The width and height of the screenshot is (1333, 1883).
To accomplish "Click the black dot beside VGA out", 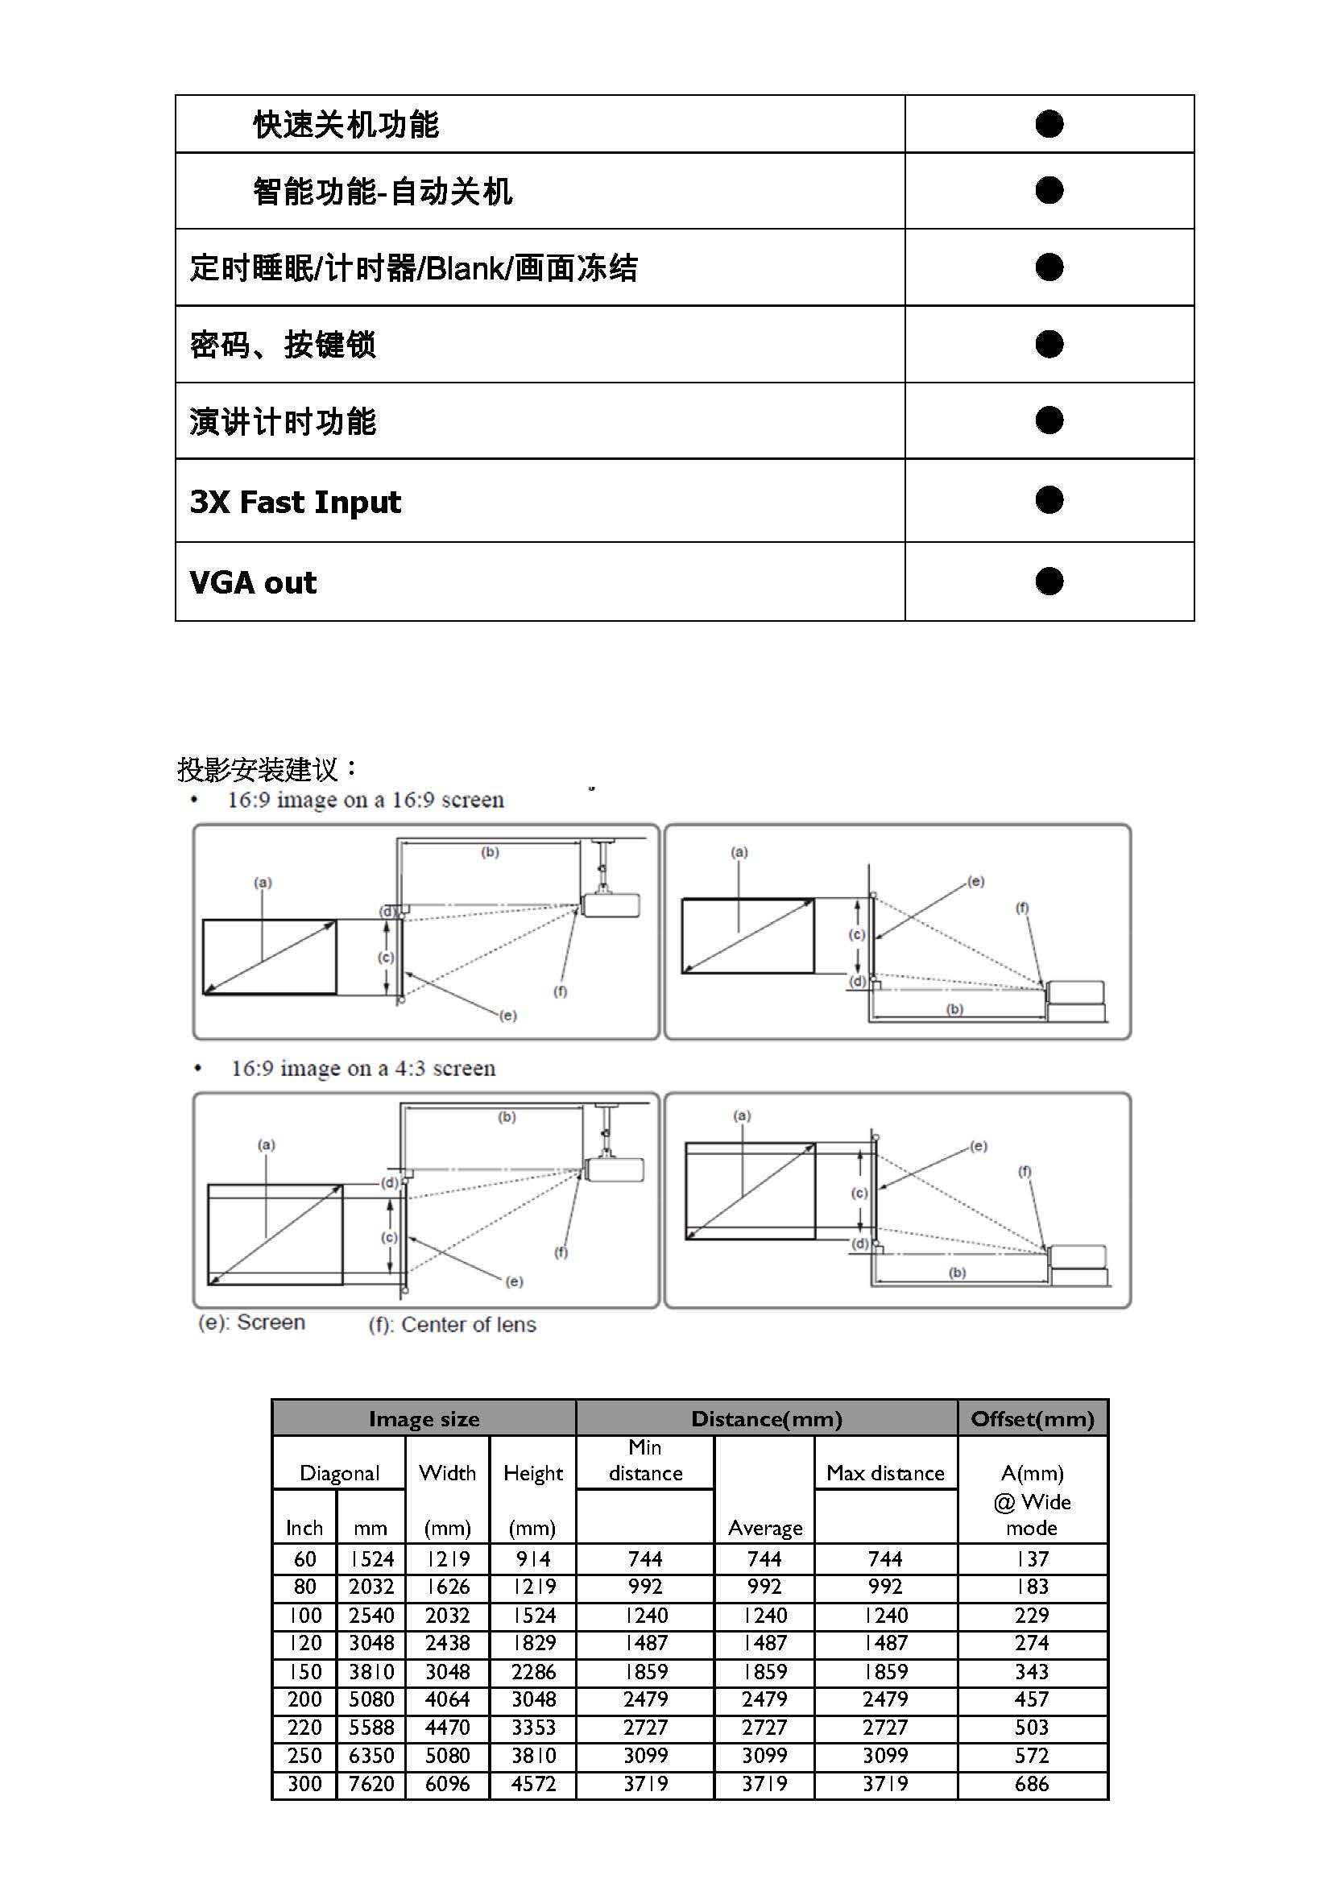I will (x=1048, y=581).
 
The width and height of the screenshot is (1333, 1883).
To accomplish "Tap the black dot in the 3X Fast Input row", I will (x=1048, y=500).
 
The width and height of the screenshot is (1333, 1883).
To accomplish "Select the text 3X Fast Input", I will (x=296, y=502).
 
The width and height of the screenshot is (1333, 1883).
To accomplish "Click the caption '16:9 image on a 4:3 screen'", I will (x=363, y=1068).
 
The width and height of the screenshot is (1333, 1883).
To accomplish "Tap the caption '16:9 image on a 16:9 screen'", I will (x=365, y=800).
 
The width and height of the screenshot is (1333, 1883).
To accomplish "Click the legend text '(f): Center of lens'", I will (x=453, y=1324).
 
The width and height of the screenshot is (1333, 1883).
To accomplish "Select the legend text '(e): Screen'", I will (x=252, y=1322).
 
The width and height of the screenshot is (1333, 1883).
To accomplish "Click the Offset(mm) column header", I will (x=1032, y=1418).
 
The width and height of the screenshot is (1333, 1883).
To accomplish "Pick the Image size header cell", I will (x=424, y=1418).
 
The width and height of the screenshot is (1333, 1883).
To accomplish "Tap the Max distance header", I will (x=885, y=1472).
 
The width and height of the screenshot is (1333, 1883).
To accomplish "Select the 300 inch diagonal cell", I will (x=304, y=1783).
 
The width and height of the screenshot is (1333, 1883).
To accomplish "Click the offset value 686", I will (x=1032, y=1783).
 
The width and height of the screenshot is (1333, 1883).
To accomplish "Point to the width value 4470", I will (x=447, y=1727).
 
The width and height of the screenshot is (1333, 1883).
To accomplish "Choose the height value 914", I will (x=533, y=1558).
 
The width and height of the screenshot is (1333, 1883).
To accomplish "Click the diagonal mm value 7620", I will (x=371, y=1783).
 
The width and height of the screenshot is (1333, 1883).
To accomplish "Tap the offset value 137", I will (x=1032, y=1558).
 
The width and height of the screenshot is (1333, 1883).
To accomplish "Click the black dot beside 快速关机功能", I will (x=1048, y=124).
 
